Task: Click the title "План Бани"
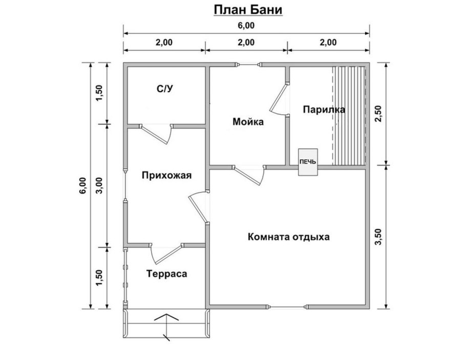pos(247,10)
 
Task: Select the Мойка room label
pos(248,122)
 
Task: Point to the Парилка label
pos(324,110)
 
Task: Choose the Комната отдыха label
pos(288,237)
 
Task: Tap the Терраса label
pos(166,273)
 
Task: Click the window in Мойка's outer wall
pos(249,65)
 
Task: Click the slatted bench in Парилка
pos(349,115)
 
